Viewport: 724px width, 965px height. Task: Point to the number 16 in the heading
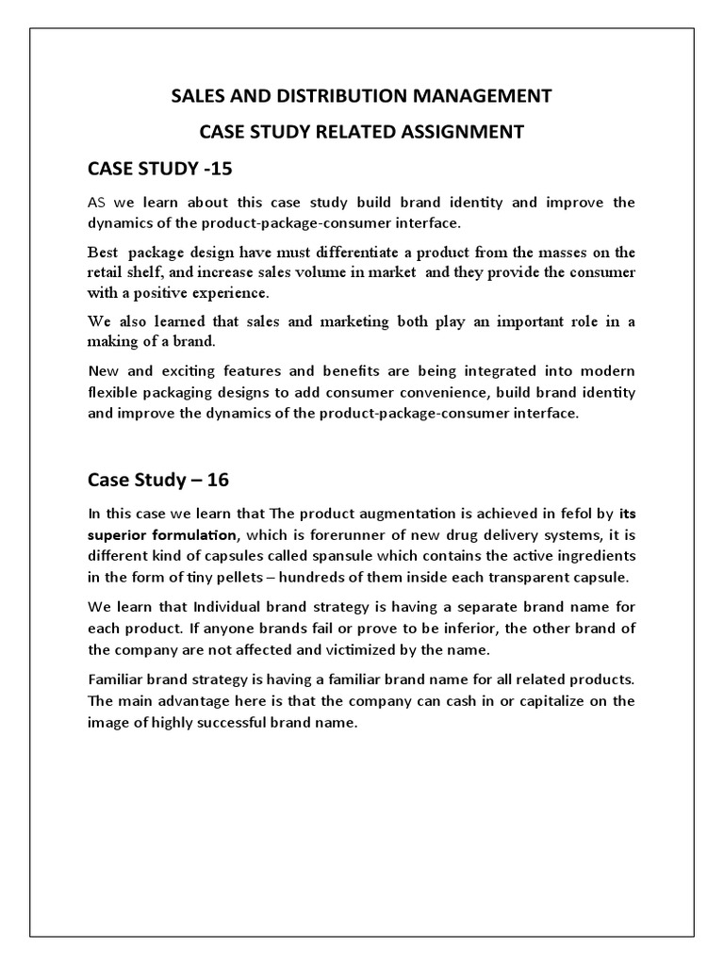coord(214,479)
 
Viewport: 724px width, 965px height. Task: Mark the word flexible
coord(116,392)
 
